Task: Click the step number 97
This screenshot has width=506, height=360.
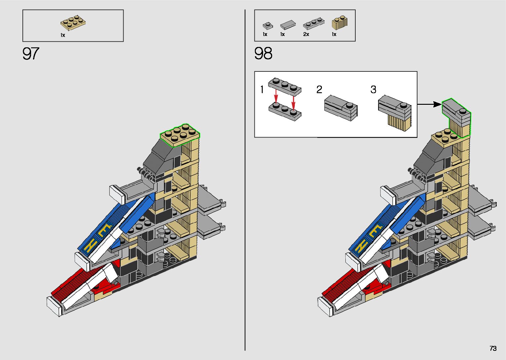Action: [x=31, y=54]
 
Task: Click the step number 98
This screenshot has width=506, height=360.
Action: [x=263, y=54]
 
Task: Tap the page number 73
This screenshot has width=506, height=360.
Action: [x=493, y=348]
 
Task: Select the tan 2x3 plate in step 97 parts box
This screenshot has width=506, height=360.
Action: [x=73, y=22]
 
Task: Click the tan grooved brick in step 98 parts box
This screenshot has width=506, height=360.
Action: [x=339, y=24]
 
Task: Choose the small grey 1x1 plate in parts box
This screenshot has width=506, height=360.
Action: [x=267, y=25]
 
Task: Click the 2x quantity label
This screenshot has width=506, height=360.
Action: [x=306, y=34]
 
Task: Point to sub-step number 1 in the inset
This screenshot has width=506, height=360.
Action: [x=262, y=90]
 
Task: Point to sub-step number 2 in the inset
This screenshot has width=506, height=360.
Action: [x=319, y=90]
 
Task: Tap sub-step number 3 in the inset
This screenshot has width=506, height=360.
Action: [x=373, y=90]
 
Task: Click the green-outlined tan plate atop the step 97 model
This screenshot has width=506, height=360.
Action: [x=180, y=134]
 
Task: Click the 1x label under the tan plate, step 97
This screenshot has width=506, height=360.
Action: [x=63, y=35]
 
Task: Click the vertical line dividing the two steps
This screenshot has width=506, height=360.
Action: [x=245, y=180]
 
